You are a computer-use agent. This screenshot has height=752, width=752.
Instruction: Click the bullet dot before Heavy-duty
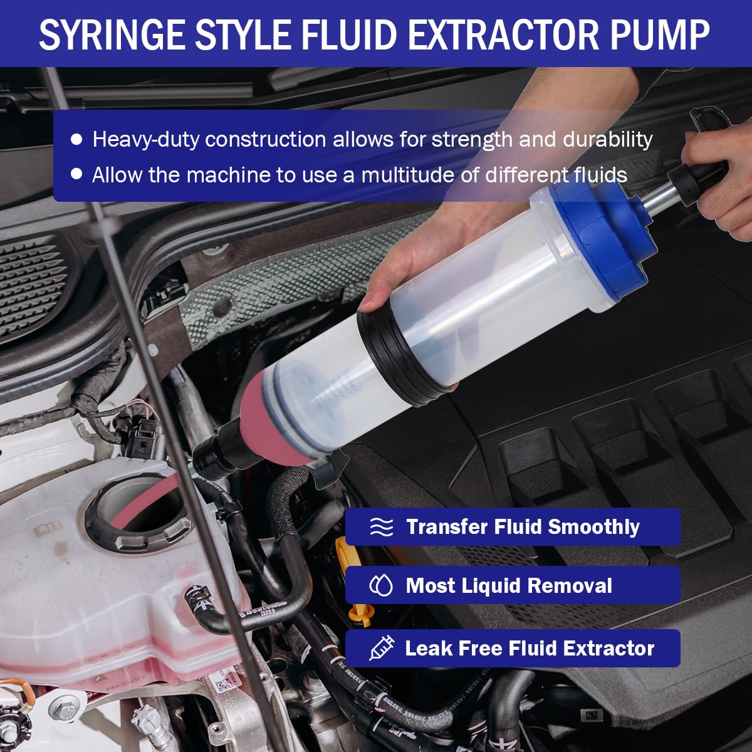coord(76,139)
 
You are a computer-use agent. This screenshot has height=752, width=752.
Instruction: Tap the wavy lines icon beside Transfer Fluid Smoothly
coord(381,527)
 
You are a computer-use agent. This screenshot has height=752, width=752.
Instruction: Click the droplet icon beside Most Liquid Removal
coord(381,586)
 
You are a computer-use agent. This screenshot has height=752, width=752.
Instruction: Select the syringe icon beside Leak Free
coord(381,648)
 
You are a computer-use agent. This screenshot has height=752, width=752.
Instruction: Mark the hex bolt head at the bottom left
coord(66,713)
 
